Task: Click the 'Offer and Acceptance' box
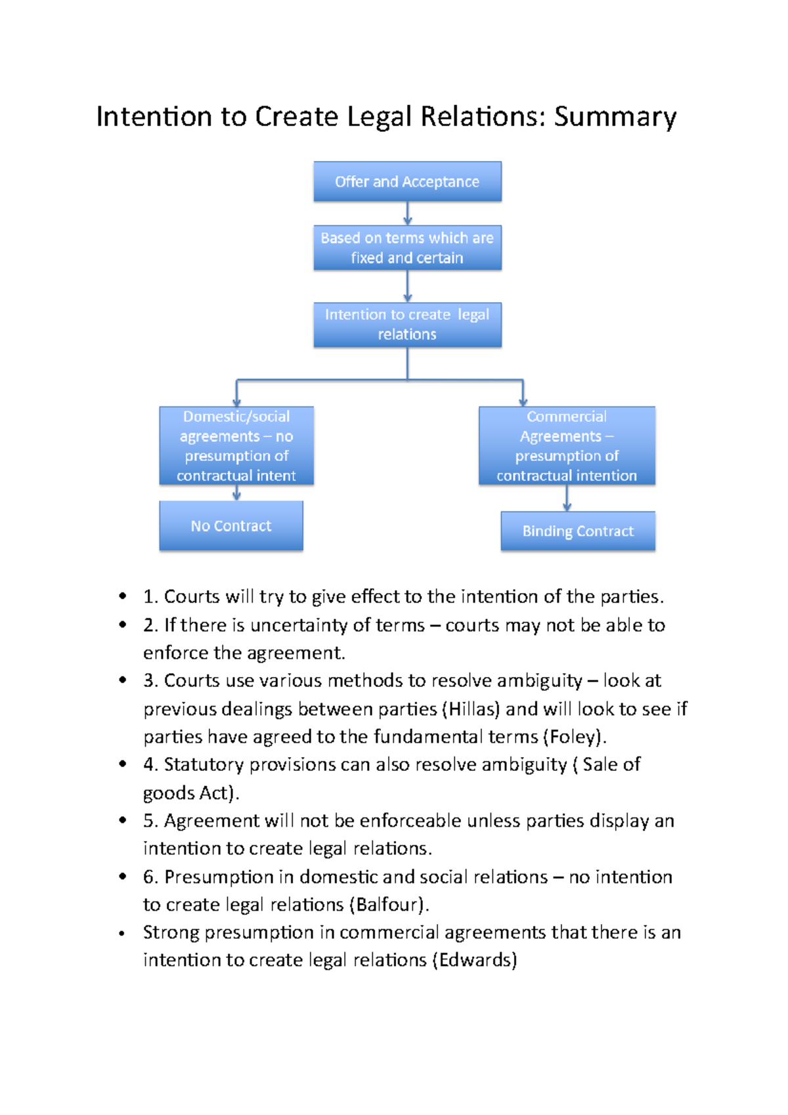click(407, 181)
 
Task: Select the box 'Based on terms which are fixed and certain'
click(407, 248)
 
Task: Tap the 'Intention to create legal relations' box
click(407, 324)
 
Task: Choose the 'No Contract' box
click(231, 525)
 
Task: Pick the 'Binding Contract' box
click(578, 531)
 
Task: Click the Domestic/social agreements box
click(236, 446)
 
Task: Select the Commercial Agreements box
click(567, 446)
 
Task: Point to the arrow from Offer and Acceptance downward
click(408, 213)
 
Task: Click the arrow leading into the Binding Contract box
click(567, 498)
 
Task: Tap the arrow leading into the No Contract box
click(236, 493)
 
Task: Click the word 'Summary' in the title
click(615, 117)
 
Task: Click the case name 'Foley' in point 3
click(573, 737)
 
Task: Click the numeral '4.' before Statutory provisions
click(150, 764)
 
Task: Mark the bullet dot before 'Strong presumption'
click(122, 933)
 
